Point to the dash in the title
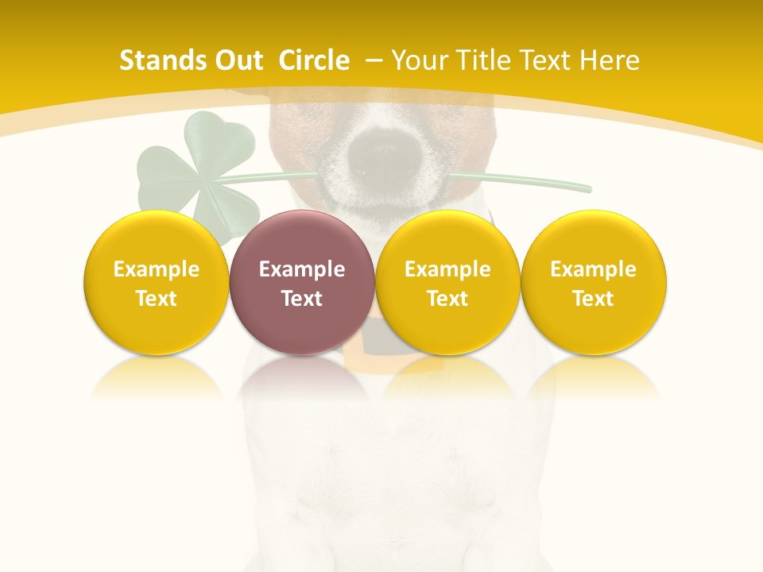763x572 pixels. tap(374, 60)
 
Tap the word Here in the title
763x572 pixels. tap(610, 60)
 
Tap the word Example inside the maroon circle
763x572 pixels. tap(301, 269)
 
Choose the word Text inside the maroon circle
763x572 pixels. tap(301, 299)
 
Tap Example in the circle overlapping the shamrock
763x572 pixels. tap(156, 269)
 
